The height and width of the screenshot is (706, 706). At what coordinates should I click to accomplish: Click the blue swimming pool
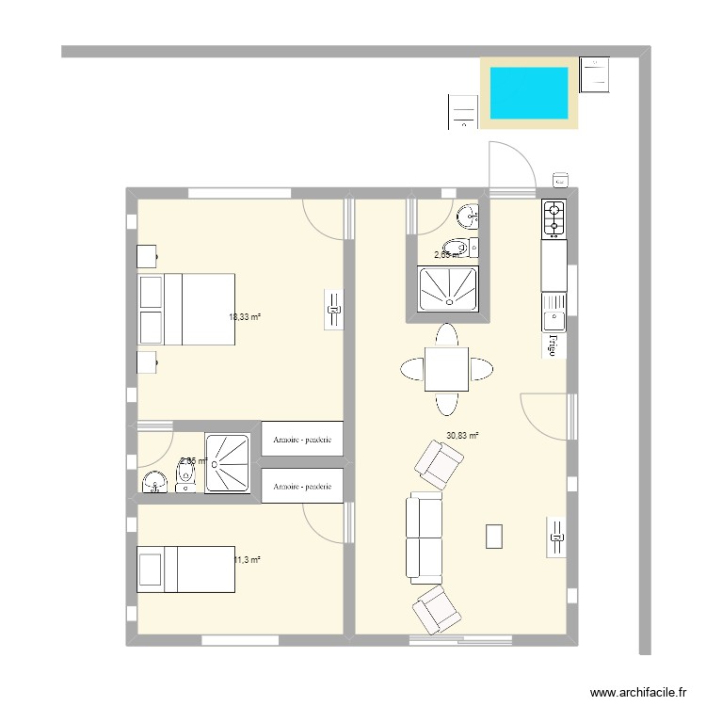click(x=528, y=92)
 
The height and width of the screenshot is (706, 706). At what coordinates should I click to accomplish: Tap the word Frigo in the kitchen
click(x=554, y=345)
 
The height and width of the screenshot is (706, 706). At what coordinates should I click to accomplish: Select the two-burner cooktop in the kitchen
click(x=554, y=218)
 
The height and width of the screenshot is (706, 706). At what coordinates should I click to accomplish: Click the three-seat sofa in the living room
click(x=424, y=536)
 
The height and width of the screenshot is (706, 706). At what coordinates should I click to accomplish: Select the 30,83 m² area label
click(x=462, y=436)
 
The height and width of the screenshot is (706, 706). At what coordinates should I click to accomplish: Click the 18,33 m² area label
click(x=244, y=317)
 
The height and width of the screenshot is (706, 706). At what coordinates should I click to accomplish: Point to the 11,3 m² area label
click(x=247, y=560)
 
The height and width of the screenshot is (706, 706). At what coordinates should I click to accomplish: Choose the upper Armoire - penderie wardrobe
click(x=301, y=439)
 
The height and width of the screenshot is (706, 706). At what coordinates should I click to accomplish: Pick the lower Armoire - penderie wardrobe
click(x=301, y=486)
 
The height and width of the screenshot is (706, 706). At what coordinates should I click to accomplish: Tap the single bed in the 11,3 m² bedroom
click(x=185, y=570)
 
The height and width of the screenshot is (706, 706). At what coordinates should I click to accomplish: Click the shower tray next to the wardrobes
click(x=229, y=463)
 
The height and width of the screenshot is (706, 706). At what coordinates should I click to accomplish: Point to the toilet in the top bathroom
click(x=457, y=249)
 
